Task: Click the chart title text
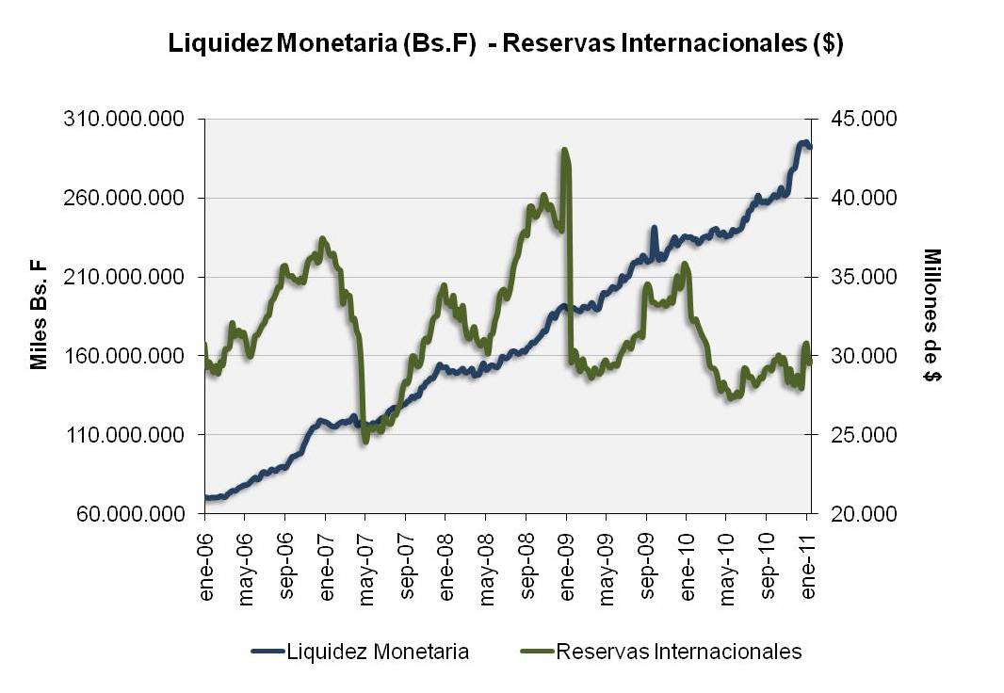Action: tap(505, 44)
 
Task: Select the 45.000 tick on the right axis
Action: tap(858, 120)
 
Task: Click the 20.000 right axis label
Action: tap(858, 514)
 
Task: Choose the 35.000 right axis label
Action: tap(858, 278)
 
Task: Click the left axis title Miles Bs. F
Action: tap(39, 317)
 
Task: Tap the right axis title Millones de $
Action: tap(931, 315)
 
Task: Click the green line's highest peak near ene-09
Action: tap(564, 150)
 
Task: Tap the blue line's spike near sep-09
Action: tap(654, 229)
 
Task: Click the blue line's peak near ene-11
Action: tap(803, 142)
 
